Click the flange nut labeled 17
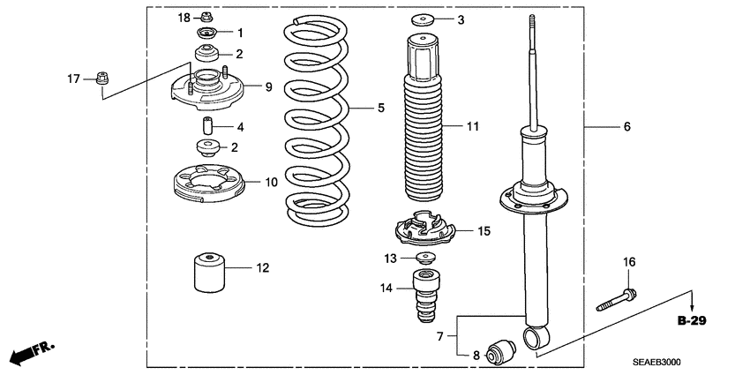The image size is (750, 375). coord(101,79)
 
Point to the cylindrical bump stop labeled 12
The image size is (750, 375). coord(210,272)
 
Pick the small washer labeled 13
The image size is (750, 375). coord(426,258)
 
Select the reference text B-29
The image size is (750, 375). coord(694,320)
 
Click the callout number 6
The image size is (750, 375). coord(626,127)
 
